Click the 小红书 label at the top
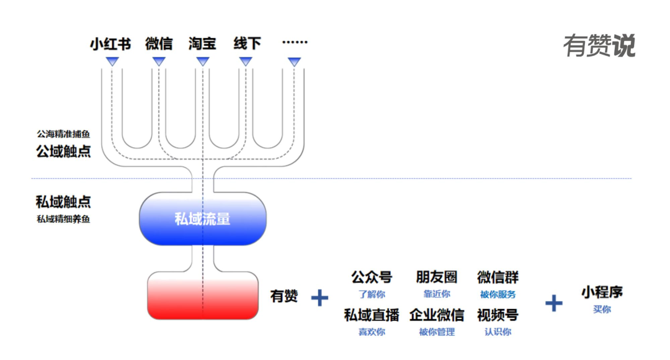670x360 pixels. (110, 43)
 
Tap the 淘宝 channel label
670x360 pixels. (202, 43)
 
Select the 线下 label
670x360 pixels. (247, 43)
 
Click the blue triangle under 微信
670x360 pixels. (159, 61)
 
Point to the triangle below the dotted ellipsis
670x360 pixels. (295, 61)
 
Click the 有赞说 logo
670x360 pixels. (599, 46)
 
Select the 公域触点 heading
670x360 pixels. (63, 151)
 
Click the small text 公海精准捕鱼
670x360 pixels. (63, 133)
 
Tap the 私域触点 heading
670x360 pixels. (63, 202)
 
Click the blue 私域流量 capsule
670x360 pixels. (202, 218)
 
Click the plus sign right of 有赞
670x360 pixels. (319, 298)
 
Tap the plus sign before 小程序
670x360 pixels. (553, 303)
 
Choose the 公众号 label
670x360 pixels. (372, 277)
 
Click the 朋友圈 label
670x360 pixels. (437, 277)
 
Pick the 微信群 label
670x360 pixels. (498, 277)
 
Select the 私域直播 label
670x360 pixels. (372, 315)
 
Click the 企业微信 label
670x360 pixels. (437, 315)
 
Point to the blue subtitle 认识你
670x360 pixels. (498, 332)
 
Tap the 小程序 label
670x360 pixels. (602, 292)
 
